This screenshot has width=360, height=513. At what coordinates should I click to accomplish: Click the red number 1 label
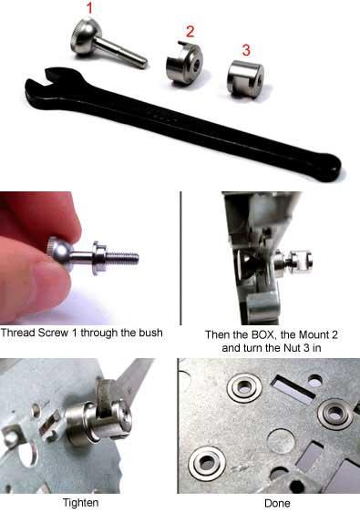[89, 8]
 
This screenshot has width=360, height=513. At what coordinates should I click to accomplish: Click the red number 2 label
[190, 31]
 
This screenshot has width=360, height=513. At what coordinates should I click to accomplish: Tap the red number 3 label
[246, 50]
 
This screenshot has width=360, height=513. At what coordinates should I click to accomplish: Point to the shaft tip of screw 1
[143, 63]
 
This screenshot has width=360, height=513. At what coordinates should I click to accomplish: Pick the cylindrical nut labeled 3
[245, 78]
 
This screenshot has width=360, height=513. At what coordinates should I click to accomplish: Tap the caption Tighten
[80, 503]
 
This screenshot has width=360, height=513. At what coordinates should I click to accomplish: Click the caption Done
[277, 503]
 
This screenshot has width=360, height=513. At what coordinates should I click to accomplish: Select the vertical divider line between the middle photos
[180, 258]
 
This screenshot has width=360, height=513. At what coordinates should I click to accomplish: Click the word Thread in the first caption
[17, 333]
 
